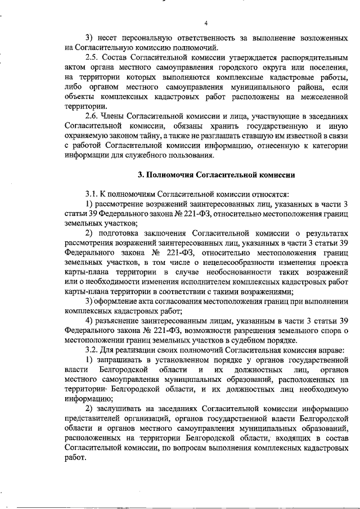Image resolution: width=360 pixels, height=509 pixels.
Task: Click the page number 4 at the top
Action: click(206, 23)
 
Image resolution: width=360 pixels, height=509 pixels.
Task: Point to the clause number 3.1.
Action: click(92, 193)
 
